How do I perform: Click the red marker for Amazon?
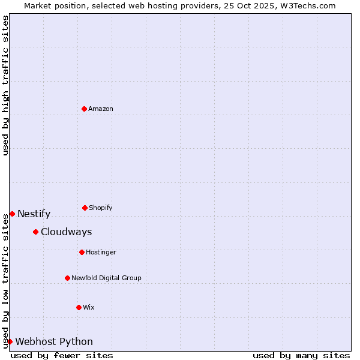coord(84,109)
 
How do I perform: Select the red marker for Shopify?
coord(85,208)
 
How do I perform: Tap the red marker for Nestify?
coord(12,214)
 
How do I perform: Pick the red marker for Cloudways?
coord(35,232)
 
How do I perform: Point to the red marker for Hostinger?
coord(82,252)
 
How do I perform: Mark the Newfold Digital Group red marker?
coord(67,278)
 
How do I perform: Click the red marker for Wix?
coord(79,307)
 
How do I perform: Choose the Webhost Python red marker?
coord(10,341)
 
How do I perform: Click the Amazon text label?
coord(101,109)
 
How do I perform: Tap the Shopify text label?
coord(101,208)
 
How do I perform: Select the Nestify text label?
coord(34,214)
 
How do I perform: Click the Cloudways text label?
coord(67,232)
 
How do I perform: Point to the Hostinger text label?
coord(101,252)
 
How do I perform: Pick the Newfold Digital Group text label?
coord(106,278)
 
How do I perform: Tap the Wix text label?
coord(89,307)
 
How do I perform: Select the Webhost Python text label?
coord(54,341)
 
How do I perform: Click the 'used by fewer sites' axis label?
coord(62,355)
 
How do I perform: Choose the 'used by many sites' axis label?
coord(301,355)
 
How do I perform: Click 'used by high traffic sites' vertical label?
coord(5,85)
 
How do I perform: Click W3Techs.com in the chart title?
coord(305,5)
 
